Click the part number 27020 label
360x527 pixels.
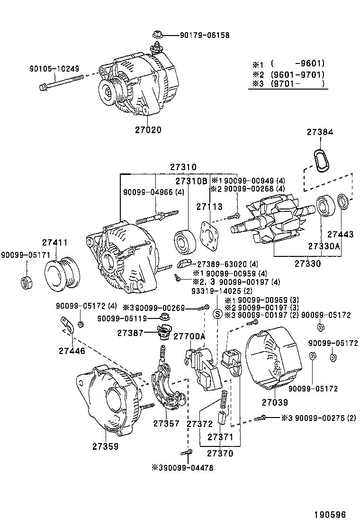coord(148,129)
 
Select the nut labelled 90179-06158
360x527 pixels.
coord(156,35)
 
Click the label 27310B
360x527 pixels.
coord(191,181)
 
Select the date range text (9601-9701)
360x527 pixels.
coord(297,74)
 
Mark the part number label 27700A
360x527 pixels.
coord(189,336)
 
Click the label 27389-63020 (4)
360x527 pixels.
coord(227,264)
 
